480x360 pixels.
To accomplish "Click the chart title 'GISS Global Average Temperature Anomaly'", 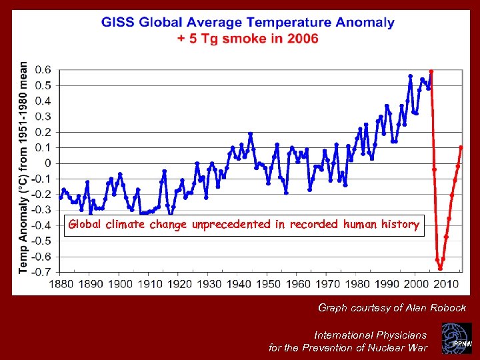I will click(247, 23).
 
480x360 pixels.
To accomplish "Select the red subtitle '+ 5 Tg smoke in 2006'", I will click(247, 39).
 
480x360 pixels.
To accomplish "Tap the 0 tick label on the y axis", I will click(48, 163).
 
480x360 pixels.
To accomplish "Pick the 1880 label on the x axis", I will click(61, 285).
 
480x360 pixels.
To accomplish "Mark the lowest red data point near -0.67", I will click(440, 268).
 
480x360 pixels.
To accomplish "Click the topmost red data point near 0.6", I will click(431, 71).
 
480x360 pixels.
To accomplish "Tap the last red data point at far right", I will click(461, 147).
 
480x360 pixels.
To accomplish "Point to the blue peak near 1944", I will click(251, 134).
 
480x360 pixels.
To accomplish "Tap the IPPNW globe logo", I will click(459, 339).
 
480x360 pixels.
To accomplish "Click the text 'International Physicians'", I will click(370, 335).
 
